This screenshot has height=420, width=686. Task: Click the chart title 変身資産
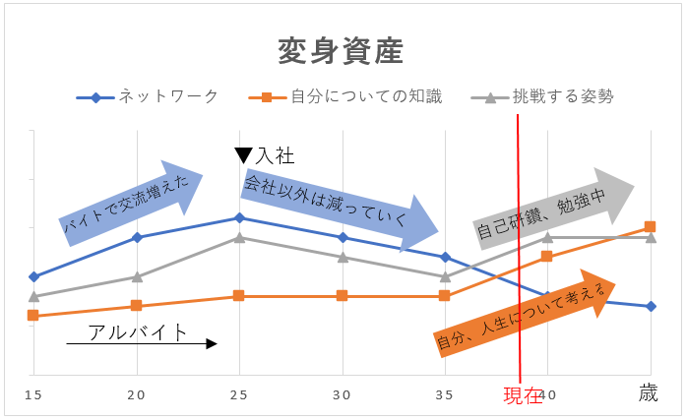(x=341, y=50)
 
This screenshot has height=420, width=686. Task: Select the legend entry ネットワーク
(x=168, y=96)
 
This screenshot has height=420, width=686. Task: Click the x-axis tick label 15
(x=33, y=394)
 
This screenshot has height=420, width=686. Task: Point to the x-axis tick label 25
(x=239, y=394)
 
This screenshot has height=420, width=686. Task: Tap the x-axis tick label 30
(x=343, y=394)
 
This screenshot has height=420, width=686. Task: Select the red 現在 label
(x=523, y=396)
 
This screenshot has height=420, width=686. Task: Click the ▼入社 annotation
(x=265, y=154)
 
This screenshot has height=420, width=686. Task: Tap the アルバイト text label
(x=138, y=332)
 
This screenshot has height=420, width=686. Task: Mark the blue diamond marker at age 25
(x=239, y=217)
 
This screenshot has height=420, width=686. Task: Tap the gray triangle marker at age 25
(x=239, y=237)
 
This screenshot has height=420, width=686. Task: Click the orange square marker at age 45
(x=650, y=226)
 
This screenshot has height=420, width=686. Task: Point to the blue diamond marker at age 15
(x=33, y=276)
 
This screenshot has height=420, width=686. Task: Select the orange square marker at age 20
(x=137, y=305)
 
